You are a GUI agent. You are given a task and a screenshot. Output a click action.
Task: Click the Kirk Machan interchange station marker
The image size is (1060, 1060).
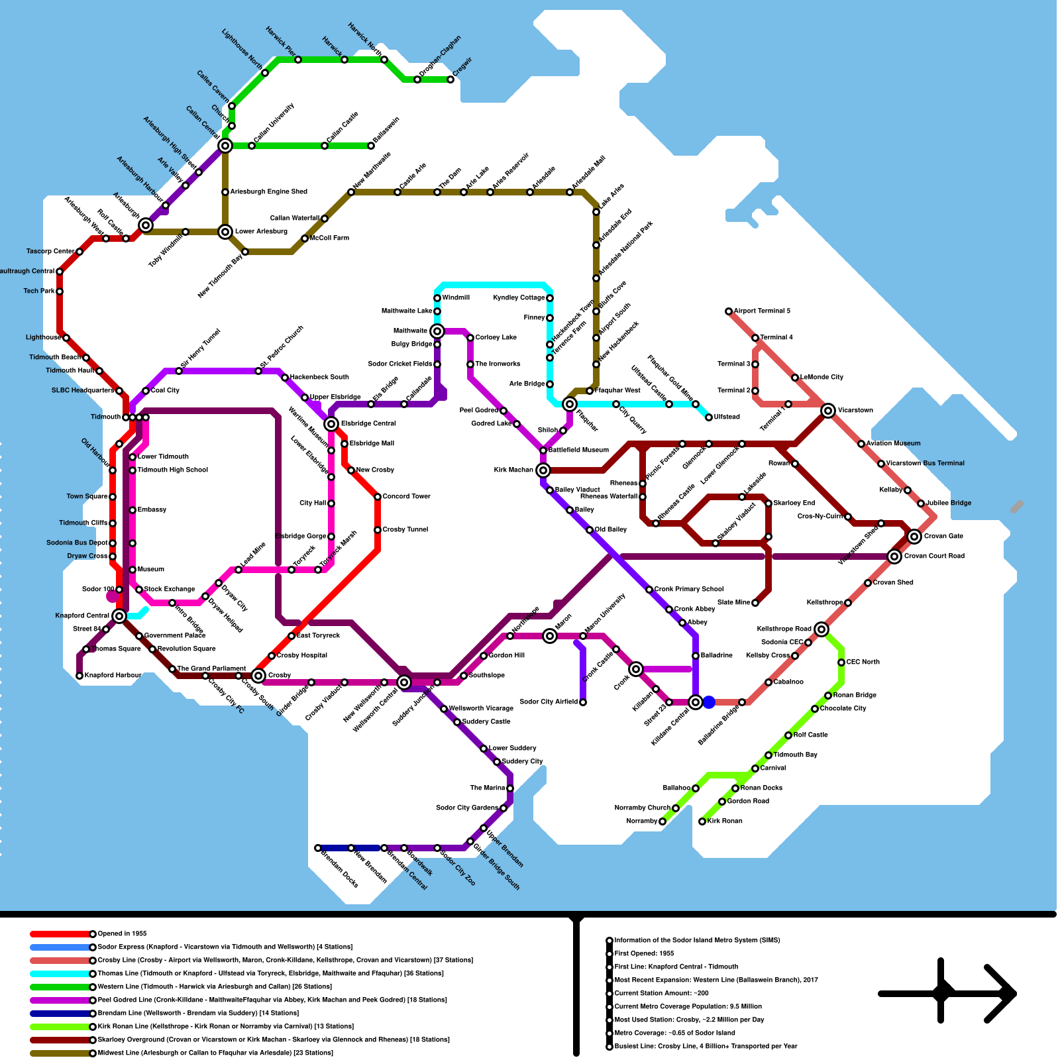tap(543, 470)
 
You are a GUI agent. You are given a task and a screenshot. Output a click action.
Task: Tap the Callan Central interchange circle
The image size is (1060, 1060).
tap(225, 146)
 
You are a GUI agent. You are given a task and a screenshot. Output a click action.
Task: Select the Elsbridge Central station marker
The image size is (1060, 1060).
tap(331, 424)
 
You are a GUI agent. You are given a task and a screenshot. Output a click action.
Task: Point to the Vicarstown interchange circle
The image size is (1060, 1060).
tap(828, 411)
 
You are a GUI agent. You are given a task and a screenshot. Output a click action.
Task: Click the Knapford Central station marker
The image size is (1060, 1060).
tap(119, 616)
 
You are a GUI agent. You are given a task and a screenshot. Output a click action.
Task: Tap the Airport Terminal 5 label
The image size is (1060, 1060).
tap(761, 311)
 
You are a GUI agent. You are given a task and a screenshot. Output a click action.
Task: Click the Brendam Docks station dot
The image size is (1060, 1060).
tap(318, 848)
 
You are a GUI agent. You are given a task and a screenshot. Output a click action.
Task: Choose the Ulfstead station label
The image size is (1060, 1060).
tap(727, 417)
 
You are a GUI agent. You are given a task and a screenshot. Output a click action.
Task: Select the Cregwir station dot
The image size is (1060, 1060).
tap(450, 79)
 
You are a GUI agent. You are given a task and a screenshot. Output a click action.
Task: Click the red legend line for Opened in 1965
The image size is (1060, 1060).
tap(60, 934)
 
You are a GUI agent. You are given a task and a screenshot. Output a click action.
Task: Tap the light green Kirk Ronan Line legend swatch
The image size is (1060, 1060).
tap(60, 1027)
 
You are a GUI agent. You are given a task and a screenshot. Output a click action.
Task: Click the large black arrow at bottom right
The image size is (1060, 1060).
tap(947, 993)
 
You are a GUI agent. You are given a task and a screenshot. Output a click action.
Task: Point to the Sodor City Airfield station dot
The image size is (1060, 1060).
tap(583, 702)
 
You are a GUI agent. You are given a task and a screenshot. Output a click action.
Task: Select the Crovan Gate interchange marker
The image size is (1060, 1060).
tap(914, 537)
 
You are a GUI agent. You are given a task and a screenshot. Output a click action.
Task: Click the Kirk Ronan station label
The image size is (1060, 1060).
tap(725, 821)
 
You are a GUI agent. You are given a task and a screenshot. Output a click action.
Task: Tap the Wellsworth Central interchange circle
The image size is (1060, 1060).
tap(404, 682)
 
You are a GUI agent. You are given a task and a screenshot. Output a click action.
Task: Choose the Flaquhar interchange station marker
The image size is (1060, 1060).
tap(570, 404)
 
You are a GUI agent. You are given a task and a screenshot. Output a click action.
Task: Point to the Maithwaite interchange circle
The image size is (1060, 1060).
tap(437, 331)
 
